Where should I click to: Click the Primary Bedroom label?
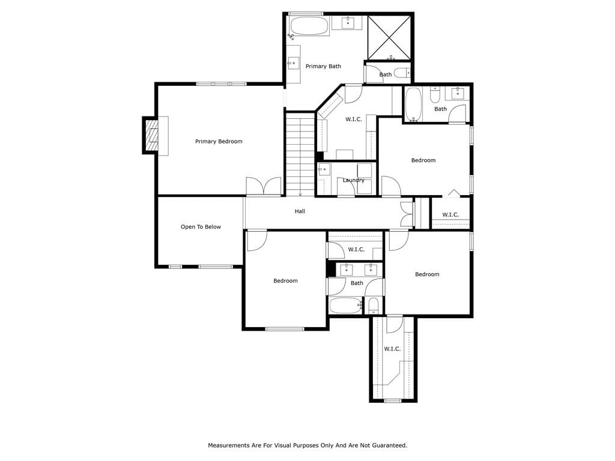pyautogui.click(x=219, y=142)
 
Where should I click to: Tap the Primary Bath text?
pyautogui.click(x=323, y=66)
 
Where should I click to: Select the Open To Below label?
pyautogui.click(x=201, y=227)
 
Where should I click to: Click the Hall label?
pyautogui.click(x=300, y=211)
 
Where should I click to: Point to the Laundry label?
pyautogui.click(x=353, y=180)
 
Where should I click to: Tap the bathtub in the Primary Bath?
pyautogui.click(x=309, y=26)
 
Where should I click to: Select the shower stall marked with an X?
pyautogui.click(x=389, y=38)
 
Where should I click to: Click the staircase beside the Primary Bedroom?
pyautogui.click(x=300, y=154)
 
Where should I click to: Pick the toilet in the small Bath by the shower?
pyautogui.click(x=402, y=73)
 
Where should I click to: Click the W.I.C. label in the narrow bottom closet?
pyautogui.click(x=392, y=349)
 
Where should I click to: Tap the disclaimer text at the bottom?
pyautogui.click(x=307, y=445)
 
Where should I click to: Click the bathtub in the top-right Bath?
pyautogui.click(x=413, y=103)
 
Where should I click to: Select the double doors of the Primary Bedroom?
pyautogui.click(x=264, y=186)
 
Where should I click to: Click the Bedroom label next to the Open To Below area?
pyautogui.click(x=285, y=281)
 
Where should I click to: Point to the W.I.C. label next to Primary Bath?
pyautogui.click(x=354, y=119)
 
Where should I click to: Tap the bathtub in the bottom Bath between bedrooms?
pyautogui.click(x=345, y=305)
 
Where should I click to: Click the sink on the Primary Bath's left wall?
pyautogui.click(x=293, y=63)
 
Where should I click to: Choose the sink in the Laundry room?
pyautogui.click(x=324, y=169)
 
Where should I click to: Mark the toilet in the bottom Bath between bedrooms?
pyautogui.click(x=374, y=306)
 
